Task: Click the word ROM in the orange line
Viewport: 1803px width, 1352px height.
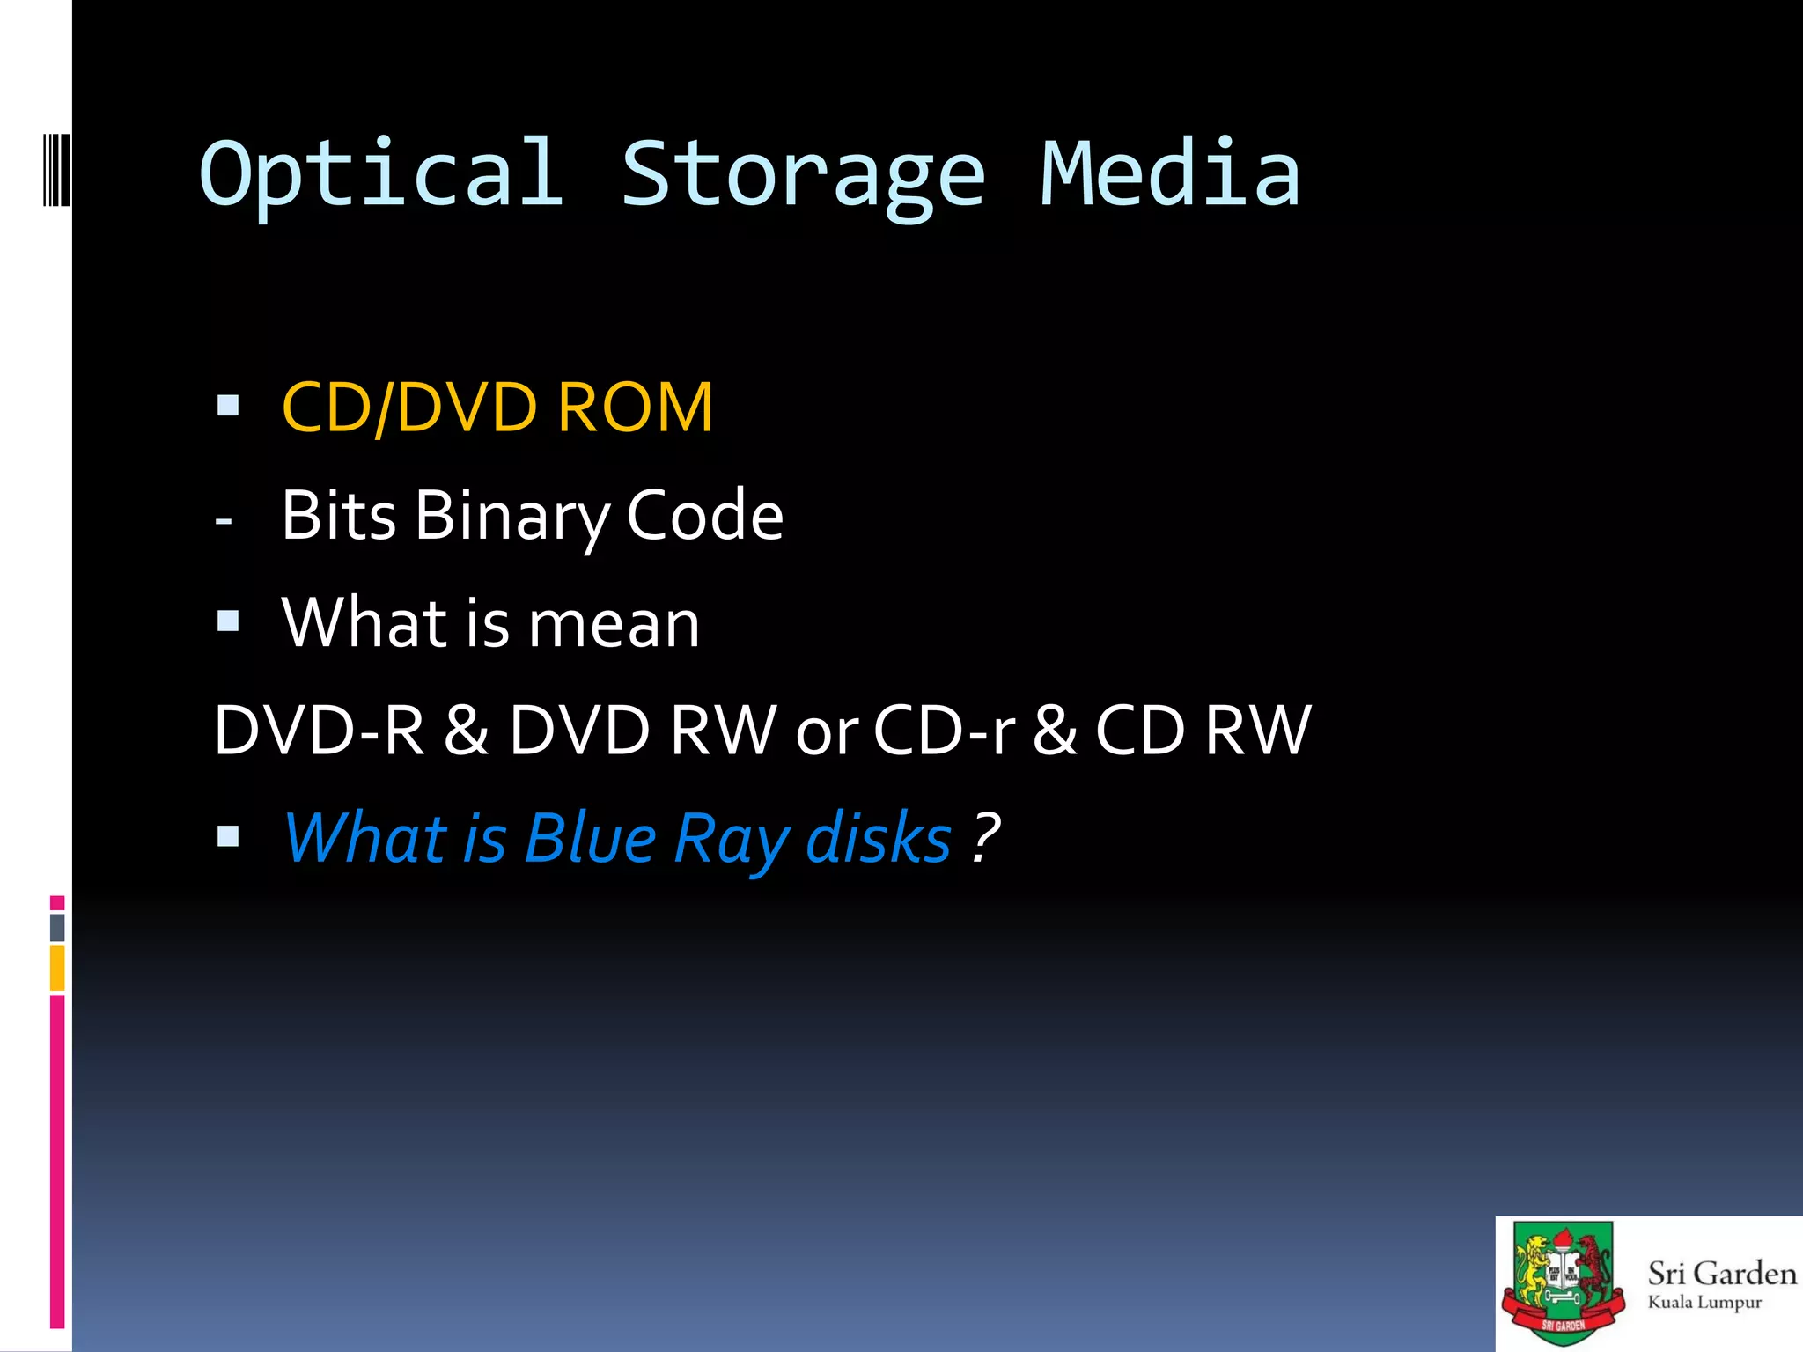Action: click(635, 408)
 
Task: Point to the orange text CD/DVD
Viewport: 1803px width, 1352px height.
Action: click(409, 408)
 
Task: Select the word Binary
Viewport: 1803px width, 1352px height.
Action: click(512, 516)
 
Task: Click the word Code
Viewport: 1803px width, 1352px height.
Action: click(704, 516)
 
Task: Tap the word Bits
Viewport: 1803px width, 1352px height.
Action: click(338, 516)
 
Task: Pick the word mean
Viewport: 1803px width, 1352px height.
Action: click(614, 623)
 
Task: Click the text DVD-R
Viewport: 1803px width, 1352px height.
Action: click(319, 731)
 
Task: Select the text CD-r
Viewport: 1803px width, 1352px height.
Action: click(945, 731)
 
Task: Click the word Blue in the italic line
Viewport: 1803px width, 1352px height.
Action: click(590, 838)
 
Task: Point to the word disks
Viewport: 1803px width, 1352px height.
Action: click(878, 838)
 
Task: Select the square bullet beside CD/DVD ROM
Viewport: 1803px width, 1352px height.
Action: click(228, 406)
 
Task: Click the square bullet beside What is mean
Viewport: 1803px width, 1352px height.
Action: click(228, 621)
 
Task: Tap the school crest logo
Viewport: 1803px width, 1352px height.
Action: click(1563, 1283)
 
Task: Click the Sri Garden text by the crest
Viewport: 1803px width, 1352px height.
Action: click(1721, 1274)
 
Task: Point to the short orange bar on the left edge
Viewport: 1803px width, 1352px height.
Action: click(57, 968)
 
